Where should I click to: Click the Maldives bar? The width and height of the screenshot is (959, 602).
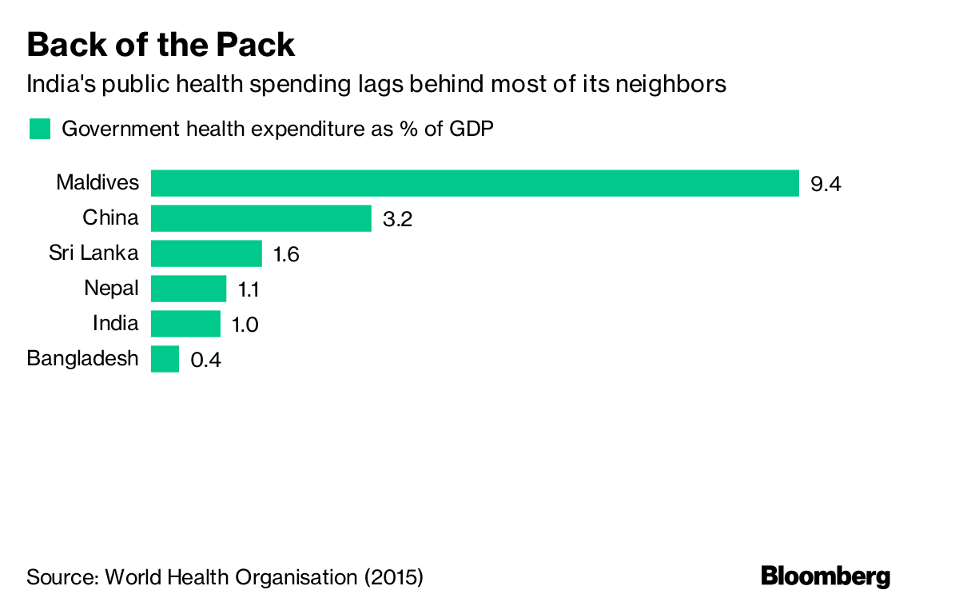point(475,183)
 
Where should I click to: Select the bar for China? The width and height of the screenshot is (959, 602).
point(261,218)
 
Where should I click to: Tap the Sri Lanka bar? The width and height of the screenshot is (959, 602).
point(206,253)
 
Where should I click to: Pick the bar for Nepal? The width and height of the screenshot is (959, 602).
point(189,289)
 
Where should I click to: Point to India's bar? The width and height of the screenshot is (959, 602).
point(185,324)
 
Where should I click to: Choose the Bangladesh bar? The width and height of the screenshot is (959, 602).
point(165,359)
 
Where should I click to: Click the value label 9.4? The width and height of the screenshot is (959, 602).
point(826,185)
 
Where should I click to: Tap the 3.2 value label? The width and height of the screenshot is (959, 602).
point(397,220)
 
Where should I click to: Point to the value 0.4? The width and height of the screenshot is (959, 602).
point(205,361)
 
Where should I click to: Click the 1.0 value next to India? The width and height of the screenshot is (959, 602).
point(245,325)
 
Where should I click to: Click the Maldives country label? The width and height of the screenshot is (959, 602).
point(97,183)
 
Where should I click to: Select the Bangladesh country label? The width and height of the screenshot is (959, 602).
point(83,359)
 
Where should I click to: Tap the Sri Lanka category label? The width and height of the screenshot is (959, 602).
point(94,253)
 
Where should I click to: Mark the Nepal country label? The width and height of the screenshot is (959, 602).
point(111,289)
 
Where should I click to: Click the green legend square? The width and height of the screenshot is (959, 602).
point(39,129)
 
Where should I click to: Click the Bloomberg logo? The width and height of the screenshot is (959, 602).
point(826,576)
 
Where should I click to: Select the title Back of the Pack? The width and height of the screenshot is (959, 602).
point(161,45)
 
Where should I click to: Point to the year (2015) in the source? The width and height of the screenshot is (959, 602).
point(393,576)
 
